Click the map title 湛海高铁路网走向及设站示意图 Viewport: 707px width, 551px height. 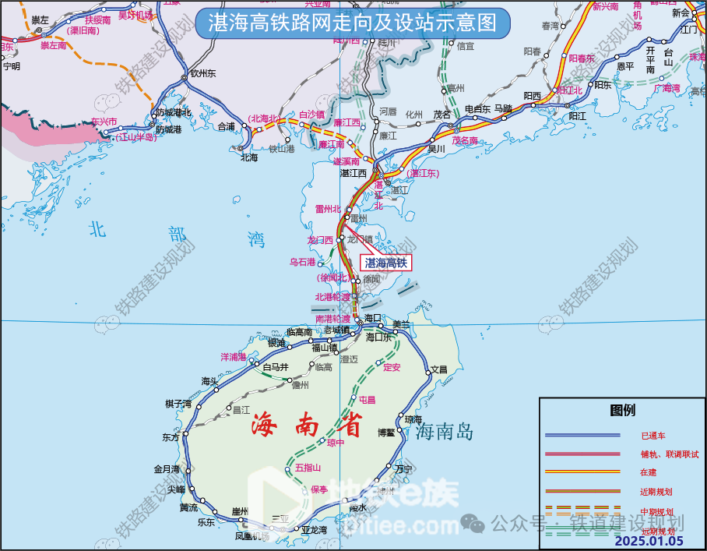pos(353,23)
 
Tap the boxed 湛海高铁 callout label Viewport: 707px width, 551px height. pos(386,263)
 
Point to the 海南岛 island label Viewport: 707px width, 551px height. pos(445,432)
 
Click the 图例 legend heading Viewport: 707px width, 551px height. pos(622,410)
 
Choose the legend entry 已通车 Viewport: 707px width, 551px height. pos(653,435)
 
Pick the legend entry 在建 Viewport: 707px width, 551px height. pos(649,472)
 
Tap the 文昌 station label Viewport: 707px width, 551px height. pos(439,369)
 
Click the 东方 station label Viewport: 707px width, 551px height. pos(171,437)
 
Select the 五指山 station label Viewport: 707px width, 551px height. pos(308,468)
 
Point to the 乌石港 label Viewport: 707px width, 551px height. pos(302,262)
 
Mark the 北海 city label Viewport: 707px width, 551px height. pos(249,157)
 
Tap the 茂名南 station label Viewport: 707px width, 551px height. pos(464,141)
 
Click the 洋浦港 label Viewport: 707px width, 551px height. pos(233,357)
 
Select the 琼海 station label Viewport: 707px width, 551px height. pos(413,419)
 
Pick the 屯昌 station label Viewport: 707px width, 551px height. pos(367,400)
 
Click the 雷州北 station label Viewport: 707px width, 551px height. pos(328,208)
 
